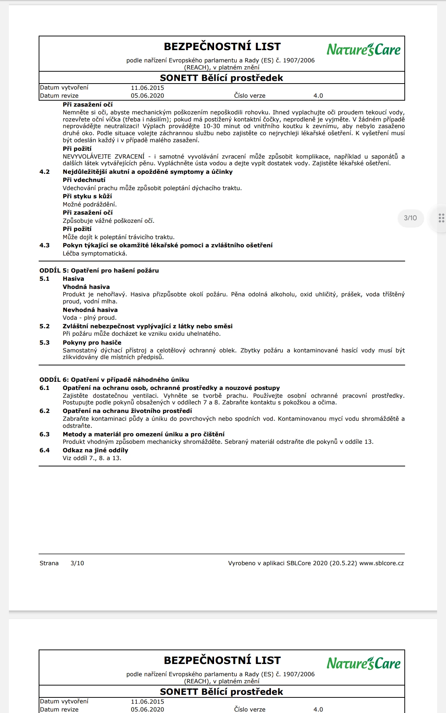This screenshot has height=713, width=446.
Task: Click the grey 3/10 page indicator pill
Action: click(410, 218)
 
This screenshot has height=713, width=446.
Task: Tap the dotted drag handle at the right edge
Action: click(441, 218)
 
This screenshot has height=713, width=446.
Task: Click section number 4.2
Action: click(45, 172)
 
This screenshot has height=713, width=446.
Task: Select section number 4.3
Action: click(45, 245)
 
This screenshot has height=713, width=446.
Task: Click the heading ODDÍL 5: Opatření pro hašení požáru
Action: click(99, 270)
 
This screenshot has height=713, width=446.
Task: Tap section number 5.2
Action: click(45, 326)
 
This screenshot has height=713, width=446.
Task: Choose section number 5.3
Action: click(45, 342)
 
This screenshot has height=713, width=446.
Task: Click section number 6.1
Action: click(45, 388)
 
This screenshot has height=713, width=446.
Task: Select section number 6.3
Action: click(45, 434)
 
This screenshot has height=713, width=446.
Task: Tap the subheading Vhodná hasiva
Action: click(86, 287)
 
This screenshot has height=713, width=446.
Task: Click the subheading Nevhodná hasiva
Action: click(90, 310)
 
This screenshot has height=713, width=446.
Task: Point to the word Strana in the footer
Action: click(49, 563)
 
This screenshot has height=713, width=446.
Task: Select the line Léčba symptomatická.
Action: click(95, 254)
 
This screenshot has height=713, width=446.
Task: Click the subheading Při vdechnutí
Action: click(84, 180)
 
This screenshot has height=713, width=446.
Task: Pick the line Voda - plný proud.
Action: click(90, 318)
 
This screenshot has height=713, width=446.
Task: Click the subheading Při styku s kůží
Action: click(87, 196)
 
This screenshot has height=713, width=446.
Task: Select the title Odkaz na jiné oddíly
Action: click(96, 450)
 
